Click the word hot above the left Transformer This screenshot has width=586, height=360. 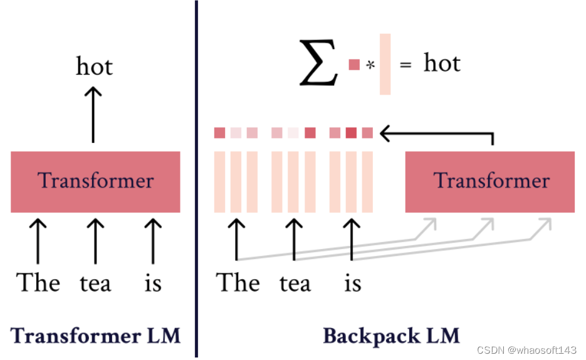pyautogui.click(x=94, y=65)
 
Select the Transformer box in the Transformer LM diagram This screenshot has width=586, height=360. pyautogui.click(x=95, y=181)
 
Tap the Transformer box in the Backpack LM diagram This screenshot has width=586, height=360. pyautogui.click(x=490, y=181)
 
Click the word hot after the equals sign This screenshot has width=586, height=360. pyautogui.click(x=442, y=63)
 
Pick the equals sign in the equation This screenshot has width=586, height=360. pyautogui.click(x=405, y=65)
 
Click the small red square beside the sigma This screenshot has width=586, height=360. pyautogui.click(x=354, y=64)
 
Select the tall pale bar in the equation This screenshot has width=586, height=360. pyautogui.click(x=385, y=64)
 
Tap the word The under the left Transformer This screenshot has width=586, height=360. pyautogui.click(x=38, y=283)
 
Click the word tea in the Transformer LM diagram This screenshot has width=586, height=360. pyautogui.click(x=95, y=283)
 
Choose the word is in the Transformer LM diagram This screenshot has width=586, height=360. pyautogui.click(x=153, y=283)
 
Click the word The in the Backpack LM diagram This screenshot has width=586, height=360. pyautogui.click(x=238, y=283)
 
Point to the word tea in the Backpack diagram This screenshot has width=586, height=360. pyautogui.click(x=295, y=283)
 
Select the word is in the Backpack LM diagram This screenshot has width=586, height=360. pyautogui.click(x=353, y=283)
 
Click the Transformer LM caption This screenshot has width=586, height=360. pyautogui.click(x=95, y=336)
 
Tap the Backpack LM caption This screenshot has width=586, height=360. pyautogui.click(x=391, y=336)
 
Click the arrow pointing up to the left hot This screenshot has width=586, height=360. pyautogui.click(x=93, y=114)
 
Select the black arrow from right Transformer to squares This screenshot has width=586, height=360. pyautogui.click(x=439, y=133)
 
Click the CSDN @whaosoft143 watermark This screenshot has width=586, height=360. pyautogui.click(x=526, y=349)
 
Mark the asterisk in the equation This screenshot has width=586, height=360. pyautogui.click(x=370, y=65)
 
